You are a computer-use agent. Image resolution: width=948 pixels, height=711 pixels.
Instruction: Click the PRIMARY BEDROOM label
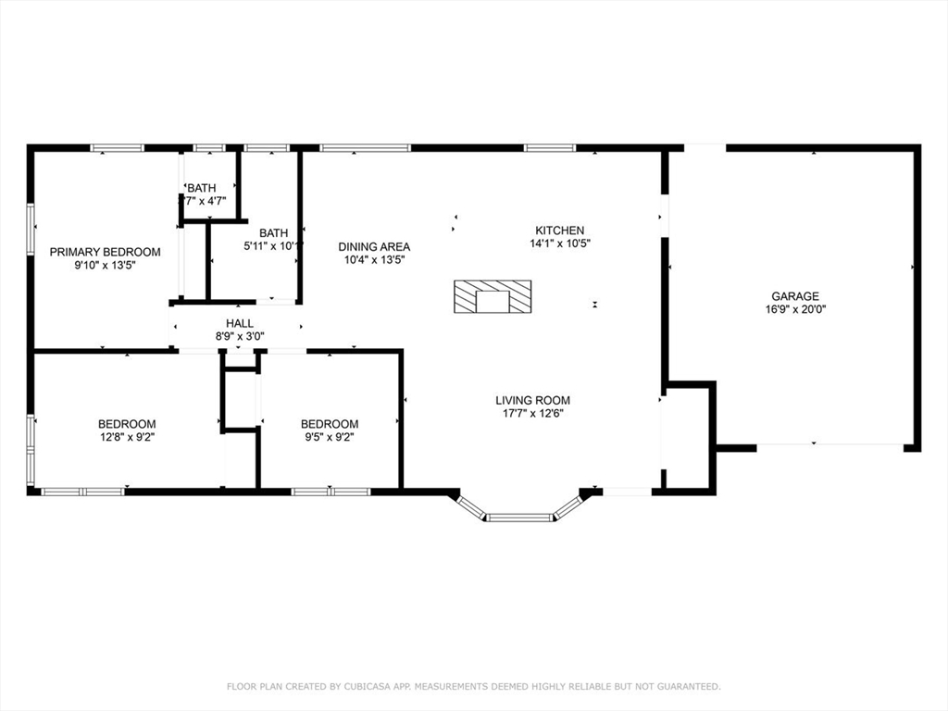[x=105, y=252]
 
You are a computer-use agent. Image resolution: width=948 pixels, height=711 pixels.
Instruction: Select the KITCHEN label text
[x=559, y=231]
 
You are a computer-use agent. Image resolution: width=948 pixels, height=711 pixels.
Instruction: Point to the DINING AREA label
[x=374, y=247]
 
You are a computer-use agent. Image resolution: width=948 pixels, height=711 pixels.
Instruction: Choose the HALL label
[x=239, y=323]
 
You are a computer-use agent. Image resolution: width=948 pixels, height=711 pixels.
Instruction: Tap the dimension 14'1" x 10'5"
[x=559, y=243]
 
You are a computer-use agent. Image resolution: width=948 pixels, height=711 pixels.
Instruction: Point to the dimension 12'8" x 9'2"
[x=128, y=437]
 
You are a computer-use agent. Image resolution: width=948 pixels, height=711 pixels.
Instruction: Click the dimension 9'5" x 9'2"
[x=330, y=437]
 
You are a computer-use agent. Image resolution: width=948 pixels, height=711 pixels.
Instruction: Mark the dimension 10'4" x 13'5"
[x=374, y=260]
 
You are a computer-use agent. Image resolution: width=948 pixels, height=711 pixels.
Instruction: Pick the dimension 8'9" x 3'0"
[x=239, y=337]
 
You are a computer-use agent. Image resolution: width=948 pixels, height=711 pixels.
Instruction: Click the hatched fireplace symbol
[x=493, y=297]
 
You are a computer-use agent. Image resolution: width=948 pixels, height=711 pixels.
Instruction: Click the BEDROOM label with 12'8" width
[x=128, y=424]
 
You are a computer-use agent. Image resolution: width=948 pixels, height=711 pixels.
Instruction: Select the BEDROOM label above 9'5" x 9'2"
[x=330, y=424]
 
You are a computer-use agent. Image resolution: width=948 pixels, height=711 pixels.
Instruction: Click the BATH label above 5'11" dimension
[x=273, y=233]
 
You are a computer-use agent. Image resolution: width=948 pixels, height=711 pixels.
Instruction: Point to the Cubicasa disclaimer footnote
[x=474, y=686]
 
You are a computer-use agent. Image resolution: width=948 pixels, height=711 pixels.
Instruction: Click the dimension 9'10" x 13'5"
[x=105, y=265]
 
